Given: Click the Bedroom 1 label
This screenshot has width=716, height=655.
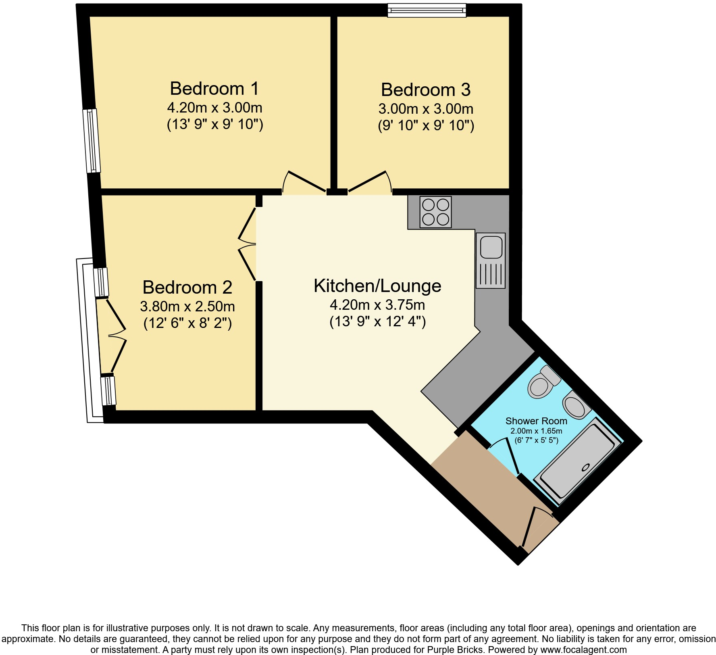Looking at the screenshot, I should pos(214,89).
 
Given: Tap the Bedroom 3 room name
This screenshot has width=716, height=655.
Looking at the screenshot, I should pos(426,90).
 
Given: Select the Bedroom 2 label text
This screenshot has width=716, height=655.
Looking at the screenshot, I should pos(187,288).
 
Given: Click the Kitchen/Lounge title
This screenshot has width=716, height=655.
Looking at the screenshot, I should pos(377,286).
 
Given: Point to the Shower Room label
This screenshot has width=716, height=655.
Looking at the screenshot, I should pos(536,421).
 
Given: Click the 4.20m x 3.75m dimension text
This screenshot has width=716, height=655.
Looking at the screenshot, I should pos(377,305).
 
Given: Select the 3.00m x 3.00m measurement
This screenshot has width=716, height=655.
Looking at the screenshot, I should pos(426,109).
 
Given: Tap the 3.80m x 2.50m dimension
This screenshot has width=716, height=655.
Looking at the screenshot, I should pos(187,307).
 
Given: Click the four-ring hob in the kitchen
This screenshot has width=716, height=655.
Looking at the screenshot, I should pos(435,212).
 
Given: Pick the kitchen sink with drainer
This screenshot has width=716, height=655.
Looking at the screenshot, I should pos(491,261).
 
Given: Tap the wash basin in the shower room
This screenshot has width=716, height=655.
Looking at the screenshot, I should pos(576,406).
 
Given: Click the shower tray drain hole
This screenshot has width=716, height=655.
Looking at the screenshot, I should pos(585,468).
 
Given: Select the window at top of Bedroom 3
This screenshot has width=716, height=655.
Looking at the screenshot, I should pos(427,10).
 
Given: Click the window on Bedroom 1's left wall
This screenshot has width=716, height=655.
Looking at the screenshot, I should pos(92,140).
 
